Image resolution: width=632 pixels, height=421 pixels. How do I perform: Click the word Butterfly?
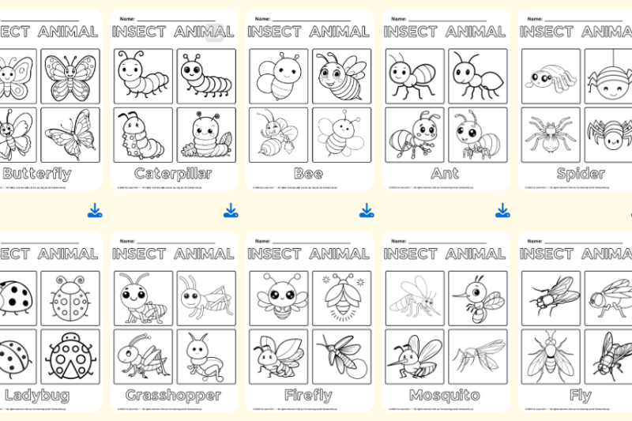[36, 174]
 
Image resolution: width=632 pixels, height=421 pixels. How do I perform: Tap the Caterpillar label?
[173, 174]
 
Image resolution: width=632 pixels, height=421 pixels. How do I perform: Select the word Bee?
[307, 174]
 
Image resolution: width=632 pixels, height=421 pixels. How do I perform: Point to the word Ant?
[444, 174]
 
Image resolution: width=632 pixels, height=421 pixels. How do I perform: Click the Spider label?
[581, 174]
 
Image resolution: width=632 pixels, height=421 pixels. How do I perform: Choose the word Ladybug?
[36, 395]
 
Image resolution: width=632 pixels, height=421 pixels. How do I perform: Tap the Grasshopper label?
[173, 395]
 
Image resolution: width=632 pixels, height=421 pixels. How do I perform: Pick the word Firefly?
[307, 395]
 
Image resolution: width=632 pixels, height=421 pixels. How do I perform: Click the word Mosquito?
[444, 395]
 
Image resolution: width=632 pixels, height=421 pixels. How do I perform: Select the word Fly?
[581, 395]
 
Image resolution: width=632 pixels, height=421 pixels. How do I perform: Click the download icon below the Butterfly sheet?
[95, 210]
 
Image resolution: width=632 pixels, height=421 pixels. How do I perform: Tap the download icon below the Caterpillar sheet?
[231, 210]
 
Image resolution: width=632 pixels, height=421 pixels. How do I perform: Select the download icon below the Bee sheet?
[367, 210]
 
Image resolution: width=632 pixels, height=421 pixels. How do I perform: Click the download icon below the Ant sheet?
[502, 210]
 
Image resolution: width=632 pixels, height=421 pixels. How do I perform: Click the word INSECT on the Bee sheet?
[275, 32]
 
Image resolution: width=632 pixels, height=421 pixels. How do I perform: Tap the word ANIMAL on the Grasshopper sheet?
[204, 254]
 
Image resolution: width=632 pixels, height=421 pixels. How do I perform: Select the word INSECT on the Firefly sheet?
[275, 254]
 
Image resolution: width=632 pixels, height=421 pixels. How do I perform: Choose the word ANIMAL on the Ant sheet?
[476, 32]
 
